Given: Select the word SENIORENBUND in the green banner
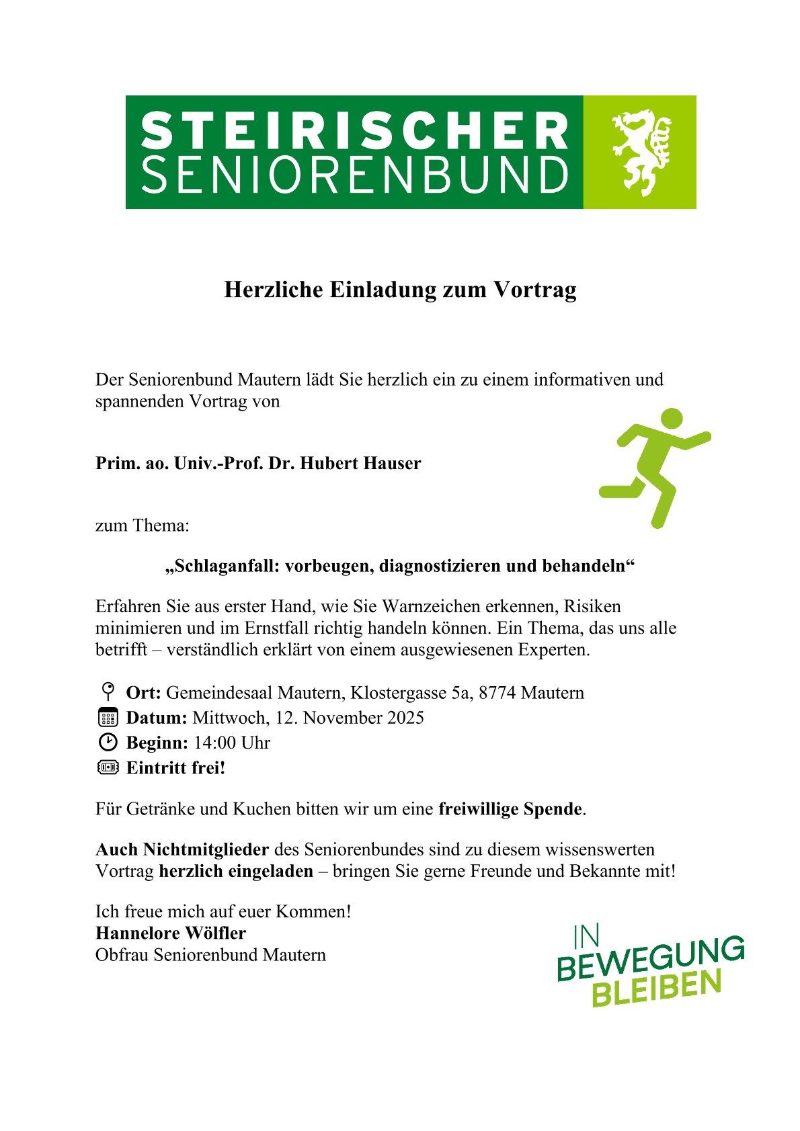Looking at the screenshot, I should tap(354, 175).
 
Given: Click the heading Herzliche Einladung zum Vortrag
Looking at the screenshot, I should tap(400, 290).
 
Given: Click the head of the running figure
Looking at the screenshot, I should tap(670, 418).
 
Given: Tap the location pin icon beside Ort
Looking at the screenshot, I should tap(108, 692).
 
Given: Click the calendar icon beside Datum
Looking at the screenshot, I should tap(108, 717).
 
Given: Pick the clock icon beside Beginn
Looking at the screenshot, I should tap(108, 742).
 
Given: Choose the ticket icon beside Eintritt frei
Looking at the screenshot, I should tap(108, 767).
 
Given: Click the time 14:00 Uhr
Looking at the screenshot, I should tap(232, 743).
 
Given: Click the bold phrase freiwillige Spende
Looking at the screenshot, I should tap(510, 808).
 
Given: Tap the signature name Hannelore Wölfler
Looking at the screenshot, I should tap(171, 933).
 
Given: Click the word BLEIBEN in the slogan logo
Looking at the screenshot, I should tap(656, 989).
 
